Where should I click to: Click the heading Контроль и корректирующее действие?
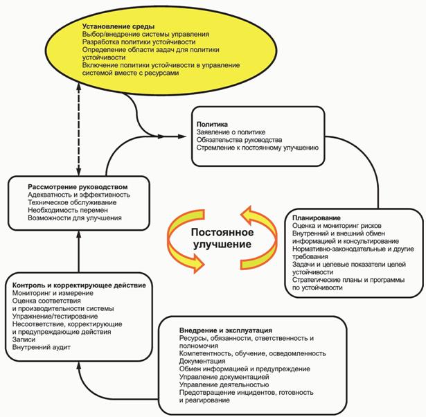click(x=78, y=285)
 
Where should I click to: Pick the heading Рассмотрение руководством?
click(x=78, y=187)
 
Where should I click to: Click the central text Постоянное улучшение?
click(x=222, y=239)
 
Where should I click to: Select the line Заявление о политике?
click(x=231, y=132)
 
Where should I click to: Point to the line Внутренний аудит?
click(x=41, y=347)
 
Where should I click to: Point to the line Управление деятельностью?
click(x=223, y=384)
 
